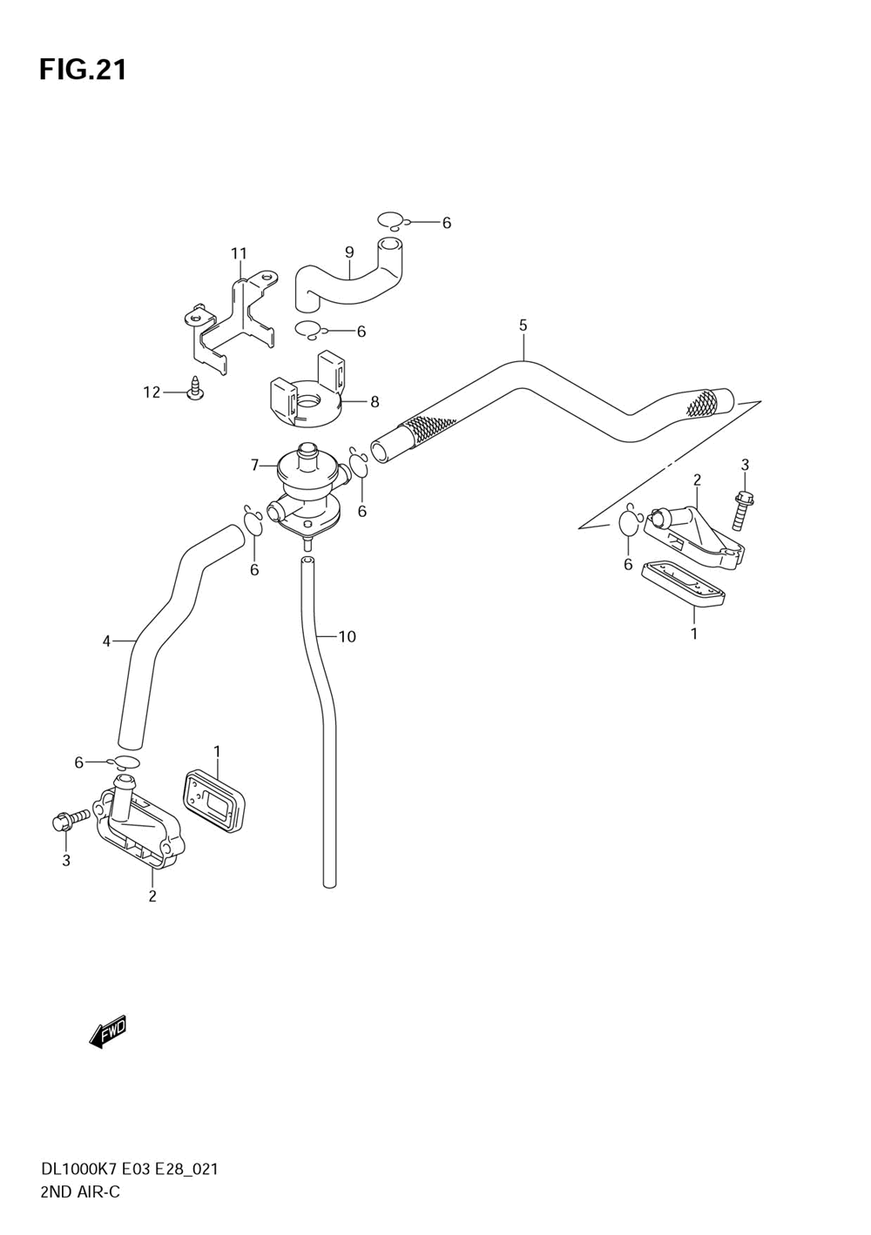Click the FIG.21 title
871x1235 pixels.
pyautogui.click(x=83, y=69)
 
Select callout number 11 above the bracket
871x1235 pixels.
pyautogui.click(x=239, y=253)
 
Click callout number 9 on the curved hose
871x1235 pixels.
pyautogui.click(x=348, y=252)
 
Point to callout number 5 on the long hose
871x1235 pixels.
pyautogui.click(x=523, y=326)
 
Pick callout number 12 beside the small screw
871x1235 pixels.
pyautogui.click(x=152, y=393)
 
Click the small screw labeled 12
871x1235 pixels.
pyautogui.click(x=197, y=389)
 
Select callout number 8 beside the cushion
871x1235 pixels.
pyautogui.click(x=375, y=402)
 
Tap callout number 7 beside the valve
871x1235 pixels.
pyautogui.click(x=255, y=466)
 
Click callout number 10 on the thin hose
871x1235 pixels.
pyautogui.click(x=347, y=637)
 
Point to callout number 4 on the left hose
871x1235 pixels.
pyautogui.click(x=106, y=641)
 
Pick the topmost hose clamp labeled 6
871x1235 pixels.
pyautogui.click(x=391, y=221)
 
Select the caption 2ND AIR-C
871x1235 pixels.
pyautogui.click(x=80, y=1191)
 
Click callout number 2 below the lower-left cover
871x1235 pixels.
pyautogui.click(x=152, y=896)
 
